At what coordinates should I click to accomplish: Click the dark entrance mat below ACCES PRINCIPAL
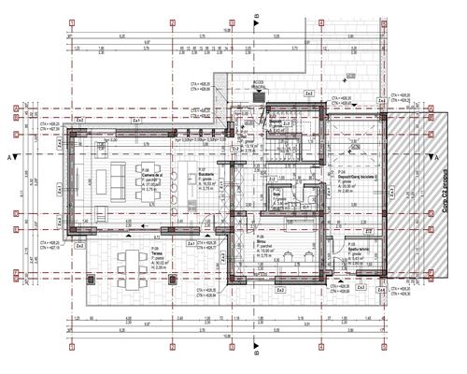coord(259,95)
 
